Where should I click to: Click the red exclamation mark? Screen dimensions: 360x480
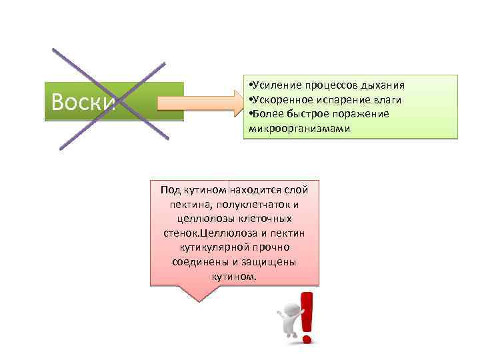[x=307, y=317]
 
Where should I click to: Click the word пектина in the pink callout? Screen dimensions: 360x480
[x=188, y=204]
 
